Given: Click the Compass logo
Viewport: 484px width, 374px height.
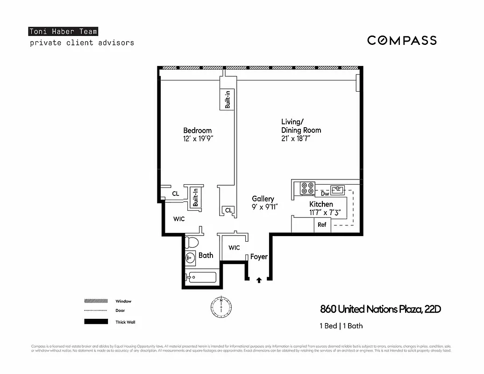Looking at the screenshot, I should tap(402, 40).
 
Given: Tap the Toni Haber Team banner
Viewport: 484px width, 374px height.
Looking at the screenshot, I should tap(63, 32).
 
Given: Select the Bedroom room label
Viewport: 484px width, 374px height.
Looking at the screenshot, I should tap(197, 130).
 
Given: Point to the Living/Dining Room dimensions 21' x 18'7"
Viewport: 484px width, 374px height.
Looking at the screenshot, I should tap(296, 138).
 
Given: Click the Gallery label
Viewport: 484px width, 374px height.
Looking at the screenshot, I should tap(263, 199).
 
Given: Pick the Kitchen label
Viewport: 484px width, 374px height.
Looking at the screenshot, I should tap(321, 204).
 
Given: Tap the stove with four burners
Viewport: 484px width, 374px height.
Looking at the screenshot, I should tap(308, 187).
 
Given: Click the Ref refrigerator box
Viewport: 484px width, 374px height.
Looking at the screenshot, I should tap(322, 225).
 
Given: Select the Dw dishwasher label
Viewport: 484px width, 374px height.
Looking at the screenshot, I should tap(325, 194).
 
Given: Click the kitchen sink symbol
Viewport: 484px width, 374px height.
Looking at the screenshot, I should tap(338, 189).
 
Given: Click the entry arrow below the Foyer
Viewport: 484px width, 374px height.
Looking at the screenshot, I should tap(259, 280).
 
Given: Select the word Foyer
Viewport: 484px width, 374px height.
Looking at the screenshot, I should tap(259, 257).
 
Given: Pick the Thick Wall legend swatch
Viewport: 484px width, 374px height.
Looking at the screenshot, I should tap(95, 322).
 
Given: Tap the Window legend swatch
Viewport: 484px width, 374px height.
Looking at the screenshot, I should tap(95, 301).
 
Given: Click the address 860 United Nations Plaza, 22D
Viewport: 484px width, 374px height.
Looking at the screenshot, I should tap(381, 309).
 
